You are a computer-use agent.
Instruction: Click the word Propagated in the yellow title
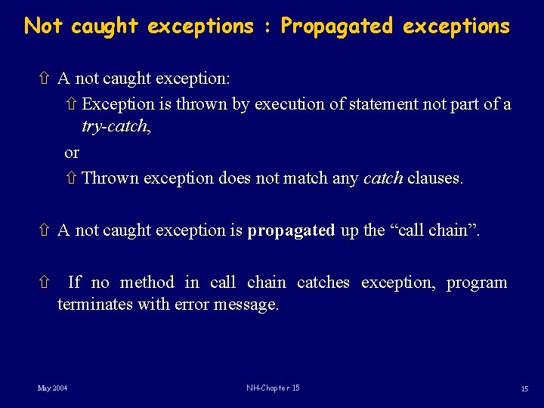click(337, 26)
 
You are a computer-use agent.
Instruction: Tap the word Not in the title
click(44, 26)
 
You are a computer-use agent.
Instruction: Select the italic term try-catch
click(116, 126)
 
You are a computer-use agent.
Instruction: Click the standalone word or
click(72, 153)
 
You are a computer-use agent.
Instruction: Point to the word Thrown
click(110, 178)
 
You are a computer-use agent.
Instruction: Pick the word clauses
click(434, 178)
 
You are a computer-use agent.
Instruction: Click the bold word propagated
click(291, 230)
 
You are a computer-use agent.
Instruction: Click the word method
click(147, 283)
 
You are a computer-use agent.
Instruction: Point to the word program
click(477, 283)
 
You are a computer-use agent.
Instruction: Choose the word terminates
click(95, 304)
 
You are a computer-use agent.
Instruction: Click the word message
click(247, 304)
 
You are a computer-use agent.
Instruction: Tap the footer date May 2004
click(52, 388)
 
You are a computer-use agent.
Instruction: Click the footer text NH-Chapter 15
click(273, 388)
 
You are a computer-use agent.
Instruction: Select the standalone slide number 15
click(524, 388)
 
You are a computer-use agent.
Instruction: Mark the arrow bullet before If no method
click(44, 283)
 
